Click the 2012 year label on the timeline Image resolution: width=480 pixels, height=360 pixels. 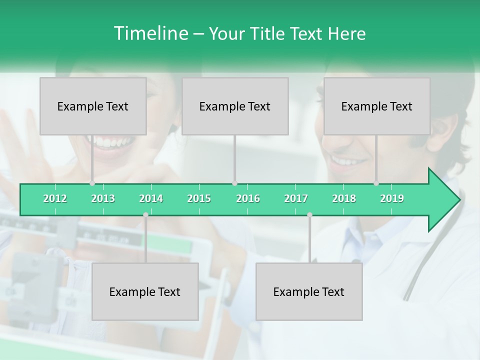[55, 198]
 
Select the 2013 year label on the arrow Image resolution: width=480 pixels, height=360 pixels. [103, 198]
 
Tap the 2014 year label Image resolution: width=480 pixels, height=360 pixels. [151, 198]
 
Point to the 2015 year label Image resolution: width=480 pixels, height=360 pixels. [199, 198]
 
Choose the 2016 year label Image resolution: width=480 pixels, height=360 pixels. [248, 198]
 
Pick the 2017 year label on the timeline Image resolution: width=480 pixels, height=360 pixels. [296, 198]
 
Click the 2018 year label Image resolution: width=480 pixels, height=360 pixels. [344, 198]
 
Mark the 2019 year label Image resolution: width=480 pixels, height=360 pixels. [392, 198]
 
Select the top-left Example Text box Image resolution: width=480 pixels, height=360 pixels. [93, 106]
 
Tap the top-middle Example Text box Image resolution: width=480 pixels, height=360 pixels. [235, 106]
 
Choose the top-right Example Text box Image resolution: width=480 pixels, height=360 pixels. [377, 106]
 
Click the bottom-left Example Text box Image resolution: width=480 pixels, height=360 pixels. [145, 291]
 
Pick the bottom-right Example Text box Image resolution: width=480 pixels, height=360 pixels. [309, 291]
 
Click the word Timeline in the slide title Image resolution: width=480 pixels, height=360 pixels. [149, 33]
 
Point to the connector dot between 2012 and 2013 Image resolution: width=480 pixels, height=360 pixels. [92, 183]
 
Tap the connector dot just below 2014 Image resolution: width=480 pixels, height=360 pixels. [145, 215]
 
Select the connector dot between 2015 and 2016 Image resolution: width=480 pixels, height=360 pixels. [234, 183]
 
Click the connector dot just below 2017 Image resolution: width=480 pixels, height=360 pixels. [309, 215]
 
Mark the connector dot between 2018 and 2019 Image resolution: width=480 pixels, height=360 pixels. [376, 183]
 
